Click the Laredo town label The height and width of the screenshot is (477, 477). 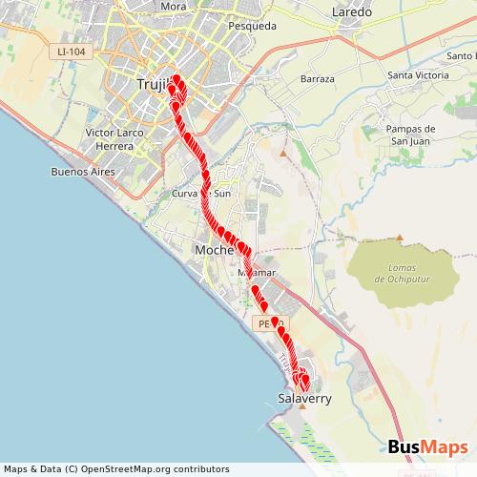(x=349, y=12)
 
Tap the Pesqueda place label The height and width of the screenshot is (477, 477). (x=253, y=27)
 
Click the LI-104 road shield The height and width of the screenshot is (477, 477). (x=73, y=51)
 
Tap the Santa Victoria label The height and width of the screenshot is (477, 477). (x=418, y=75)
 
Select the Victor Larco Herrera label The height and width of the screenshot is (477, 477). (x=115, y=139)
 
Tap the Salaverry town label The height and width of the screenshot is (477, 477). (x=303, y=398)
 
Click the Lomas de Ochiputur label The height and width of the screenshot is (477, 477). (x=399, y=273)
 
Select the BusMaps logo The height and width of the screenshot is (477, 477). (x=427, y=447)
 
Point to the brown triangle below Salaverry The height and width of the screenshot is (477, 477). (x=301, y=407)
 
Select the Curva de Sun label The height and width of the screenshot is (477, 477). (x=201, y=194)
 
